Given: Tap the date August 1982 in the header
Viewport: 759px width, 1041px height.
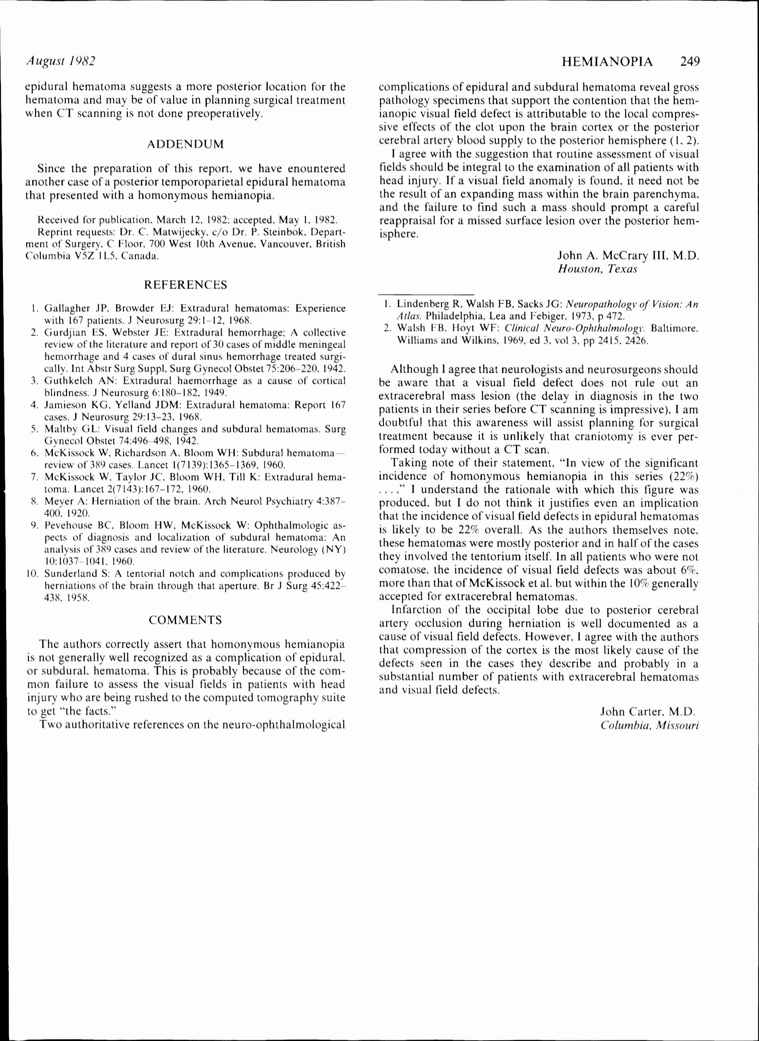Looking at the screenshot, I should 60,61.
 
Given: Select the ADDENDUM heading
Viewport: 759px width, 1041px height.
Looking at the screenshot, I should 185,144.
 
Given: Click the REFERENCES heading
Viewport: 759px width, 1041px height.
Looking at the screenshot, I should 185,285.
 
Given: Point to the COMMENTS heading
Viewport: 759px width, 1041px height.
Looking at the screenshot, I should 185,620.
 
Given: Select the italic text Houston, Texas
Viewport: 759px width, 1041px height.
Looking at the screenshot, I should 597,269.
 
